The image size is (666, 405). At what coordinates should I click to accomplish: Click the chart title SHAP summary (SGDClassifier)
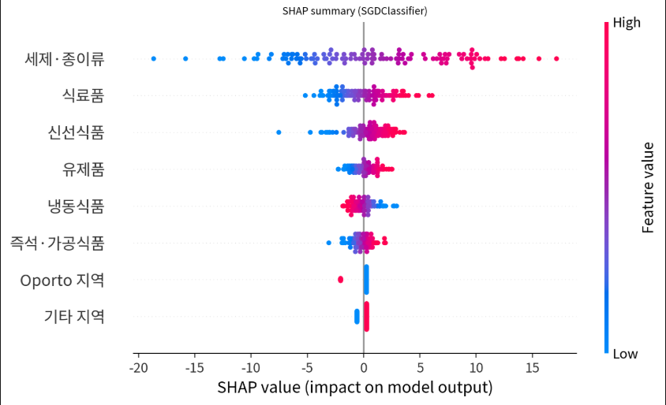pyautogui.click(x=355, y=11)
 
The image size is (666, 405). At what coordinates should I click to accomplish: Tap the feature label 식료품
pyautogui.click(x=83, y=95)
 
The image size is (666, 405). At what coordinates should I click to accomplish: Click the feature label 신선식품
pyautogui.click(x=76, y=132)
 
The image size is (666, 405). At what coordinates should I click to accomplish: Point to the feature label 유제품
pyautogui.click(x=83, y=169)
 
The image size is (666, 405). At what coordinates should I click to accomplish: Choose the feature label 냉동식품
pyautogui.click(x=76, y=206)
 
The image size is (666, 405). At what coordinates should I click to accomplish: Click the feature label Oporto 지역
pyautogui.click(x=62, y=280)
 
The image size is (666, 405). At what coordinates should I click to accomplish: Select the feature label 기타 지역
pyautogui.click(x=73, y=317)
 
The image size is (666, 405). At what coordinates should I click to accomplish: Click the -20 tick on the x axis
pyautogui.click(x=138, y=368)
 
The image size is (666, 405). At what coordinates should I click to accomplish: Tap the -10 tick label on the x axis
pyautogui.click(x=250, y=368)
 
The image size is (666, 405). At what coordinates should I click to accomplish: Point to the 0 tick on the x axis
pyautogui.click(x=363, y=368)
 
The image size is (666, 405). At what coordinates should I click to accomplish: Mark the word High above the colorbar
pyautogui.click(x=627, y=23)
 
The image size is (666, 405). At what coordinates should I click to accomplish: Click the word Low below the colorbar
pyautogui.click(x=625, y=354)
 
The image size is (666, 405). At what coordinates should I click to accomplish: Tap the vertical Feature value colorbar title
pyautogui.click(x=648, y=188)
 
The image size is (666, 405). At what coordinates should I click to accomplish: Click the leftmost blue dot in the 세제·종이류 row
pyautogui.click(x=153, y=58)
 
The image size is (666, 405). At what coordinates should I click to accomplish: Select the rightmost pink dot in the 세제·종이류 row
pyautogui.click(x=556, y=58)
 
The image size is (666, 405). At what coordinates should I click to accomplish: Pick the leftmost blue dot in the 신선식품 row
pyautogui.click(x=279, y=132)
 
